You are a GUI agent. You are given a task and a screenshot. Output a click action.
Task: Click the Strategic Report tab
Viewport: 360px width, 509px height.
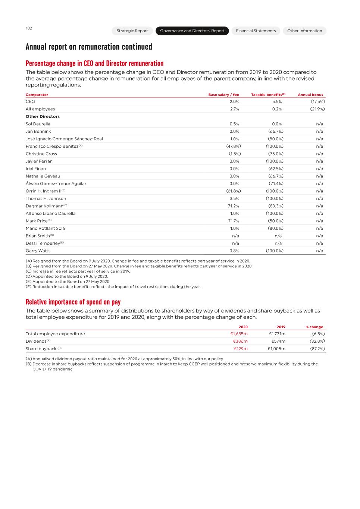(x=132, y=31)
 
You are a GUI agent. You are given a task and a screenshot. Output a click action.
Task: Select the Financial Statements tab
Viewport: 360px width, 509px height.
(x=256, y=31)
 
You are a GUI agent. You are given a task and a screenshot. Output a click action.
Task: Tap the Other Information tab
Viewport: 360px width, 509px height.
(x=304, y=31)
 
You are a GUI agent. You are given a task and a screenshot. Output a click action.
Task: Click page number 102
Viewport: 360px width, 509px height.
(x=29, y=28)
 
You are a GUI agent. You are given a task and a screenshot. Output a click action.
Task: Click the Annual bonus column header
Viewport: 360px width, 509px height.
(x=310, y=95)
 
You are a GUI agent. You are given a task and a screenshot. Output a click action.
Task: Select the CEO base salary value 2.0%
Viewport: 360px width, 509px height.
(x=234, y=101)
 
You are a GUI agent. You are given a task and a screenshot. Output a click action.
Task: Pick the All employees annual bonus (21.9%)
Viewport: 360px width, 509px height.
(x=317, y=109)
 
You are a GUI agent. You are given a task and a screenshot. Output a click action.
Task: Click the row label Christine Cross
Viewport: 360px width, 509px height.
(x=41, y=154)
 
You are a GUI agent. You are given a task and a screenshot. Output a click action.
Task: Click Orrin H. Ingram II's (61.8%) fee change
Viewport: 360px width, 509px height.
(x=233, y=191)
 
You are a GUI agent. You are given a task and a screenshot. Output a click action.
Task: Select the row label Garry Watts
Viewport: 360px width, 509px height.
(x=38, y=251)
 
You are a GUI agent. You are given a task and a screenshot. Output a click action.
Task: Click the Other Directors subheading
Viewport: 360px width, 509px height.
(x=43, y=116)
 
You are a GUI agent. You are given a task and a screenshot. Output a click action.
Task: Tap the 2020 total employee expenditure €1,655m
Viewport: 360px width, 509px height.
(x=239, y=334)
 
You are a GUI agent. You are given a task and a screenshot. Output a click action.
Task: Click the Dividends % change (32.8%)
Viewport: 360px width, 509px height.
(x=317, y=341)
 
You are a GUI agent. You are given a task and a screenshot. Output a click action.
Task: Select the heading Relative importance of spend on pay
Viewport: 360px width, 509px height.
(x=73, y=302)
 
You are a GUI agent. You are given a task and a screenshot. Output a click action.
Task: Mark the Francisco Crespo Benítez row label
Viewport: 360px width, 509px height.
(x=52, y=146)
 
